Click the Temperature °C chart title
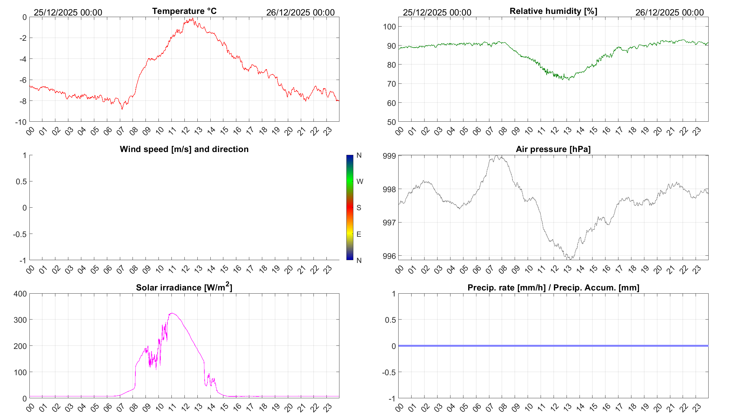tap(184, 11)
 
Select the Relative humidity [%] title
tap(553, 11)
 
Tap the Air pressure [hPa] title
tap(553, 149)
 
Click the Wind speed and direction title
tap(184, 149)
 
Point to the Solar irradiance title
tap(184, 287)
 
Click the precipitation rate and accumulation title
tap(553, 288)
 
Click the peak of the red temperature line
tap(192, 18)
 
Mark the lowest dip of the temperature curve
tap(122, 109)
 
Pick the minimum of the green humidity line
tap(569, 80)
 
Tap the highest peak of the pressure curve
tap(497, 156)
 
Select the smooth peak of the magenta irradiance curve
tap(172, 313)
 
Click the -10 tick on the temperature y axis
tap(21, 122)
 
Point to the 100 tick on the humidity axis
tap(389, 27)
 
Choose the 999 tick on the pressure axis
tap(389, 156)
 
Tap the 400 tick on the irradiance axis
tap(20, 294)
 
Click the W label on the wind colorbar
tap(360, 181)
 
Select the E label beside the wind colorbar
tap(359, 234)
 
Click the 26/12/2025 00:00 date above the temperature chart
tap(300, 12)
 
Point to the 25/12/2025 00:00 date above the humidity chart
tap(437, 12)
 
